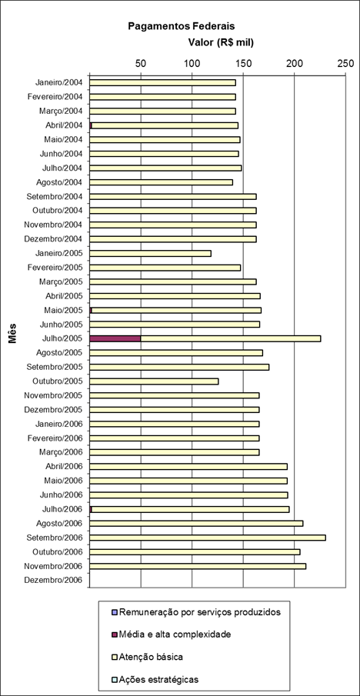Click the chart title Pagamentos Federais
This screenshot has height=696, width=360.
point(182,26)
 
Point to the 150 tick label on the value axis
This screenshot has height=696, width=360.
point(243,64)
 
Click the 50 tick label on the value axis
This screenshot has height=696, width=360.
point(141,64)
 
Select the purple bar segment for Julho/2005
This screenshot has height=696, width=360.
point(115,338)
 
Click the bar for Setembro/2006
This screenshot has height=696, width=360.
point(208,538)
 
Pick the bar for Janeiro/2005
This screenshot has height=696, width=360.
point(151,254)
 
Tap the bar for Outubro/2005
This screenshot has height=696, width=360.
point(154,381)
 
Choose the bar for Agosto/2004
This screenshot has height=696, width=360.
point(161,182)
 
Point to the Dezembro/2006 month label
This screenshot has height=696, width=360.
point(53,580)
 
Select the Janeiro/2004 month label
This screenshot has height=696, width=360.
point(59,82)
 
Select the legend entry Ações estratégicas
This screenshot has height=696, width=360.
point(159,679)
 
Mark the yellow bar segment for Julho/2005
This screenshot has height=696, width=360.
point(231,338)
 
